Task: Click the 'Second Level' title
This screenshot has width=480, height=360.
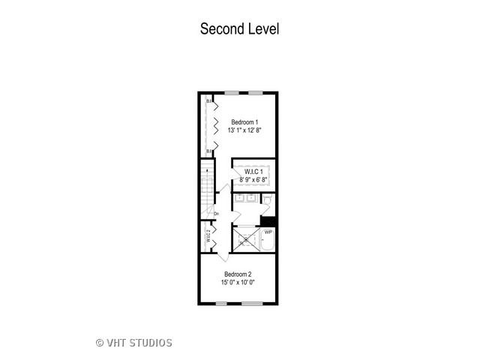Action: point(239,29)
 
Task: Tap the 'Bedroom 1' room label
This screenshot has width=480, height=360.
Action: point(244,122)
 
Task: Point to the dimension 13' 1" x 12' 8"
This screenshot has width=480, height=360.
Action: point(244,130)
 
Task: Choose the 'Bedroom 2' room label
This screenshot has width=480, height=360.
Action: point(238,274)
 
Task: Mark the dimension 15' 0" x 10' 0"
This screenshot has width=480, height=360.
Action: point(238,283)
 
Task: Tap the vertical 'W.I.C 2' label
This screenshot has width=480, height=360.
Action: point(208,237)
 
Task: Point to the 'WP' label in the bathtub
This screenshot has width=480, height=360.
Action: point(268,232)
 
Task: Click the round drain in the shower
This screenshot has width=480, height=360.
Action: point(246,239)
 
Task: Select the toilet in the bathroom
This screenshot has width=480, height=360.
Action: point(265,200)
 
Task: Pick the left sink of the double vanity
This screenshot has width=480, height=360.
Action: point(240,199)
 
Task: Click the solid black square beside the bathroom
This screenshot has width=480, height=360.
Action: point(268,220)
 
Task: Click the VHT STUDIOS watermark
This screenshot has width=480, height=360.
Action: point(134,343)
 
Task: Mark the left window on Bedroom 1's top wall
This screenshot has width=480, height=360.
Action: point(232,92)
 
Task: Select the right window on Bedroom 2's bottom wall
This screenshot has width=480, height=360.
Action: point(253,303)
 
